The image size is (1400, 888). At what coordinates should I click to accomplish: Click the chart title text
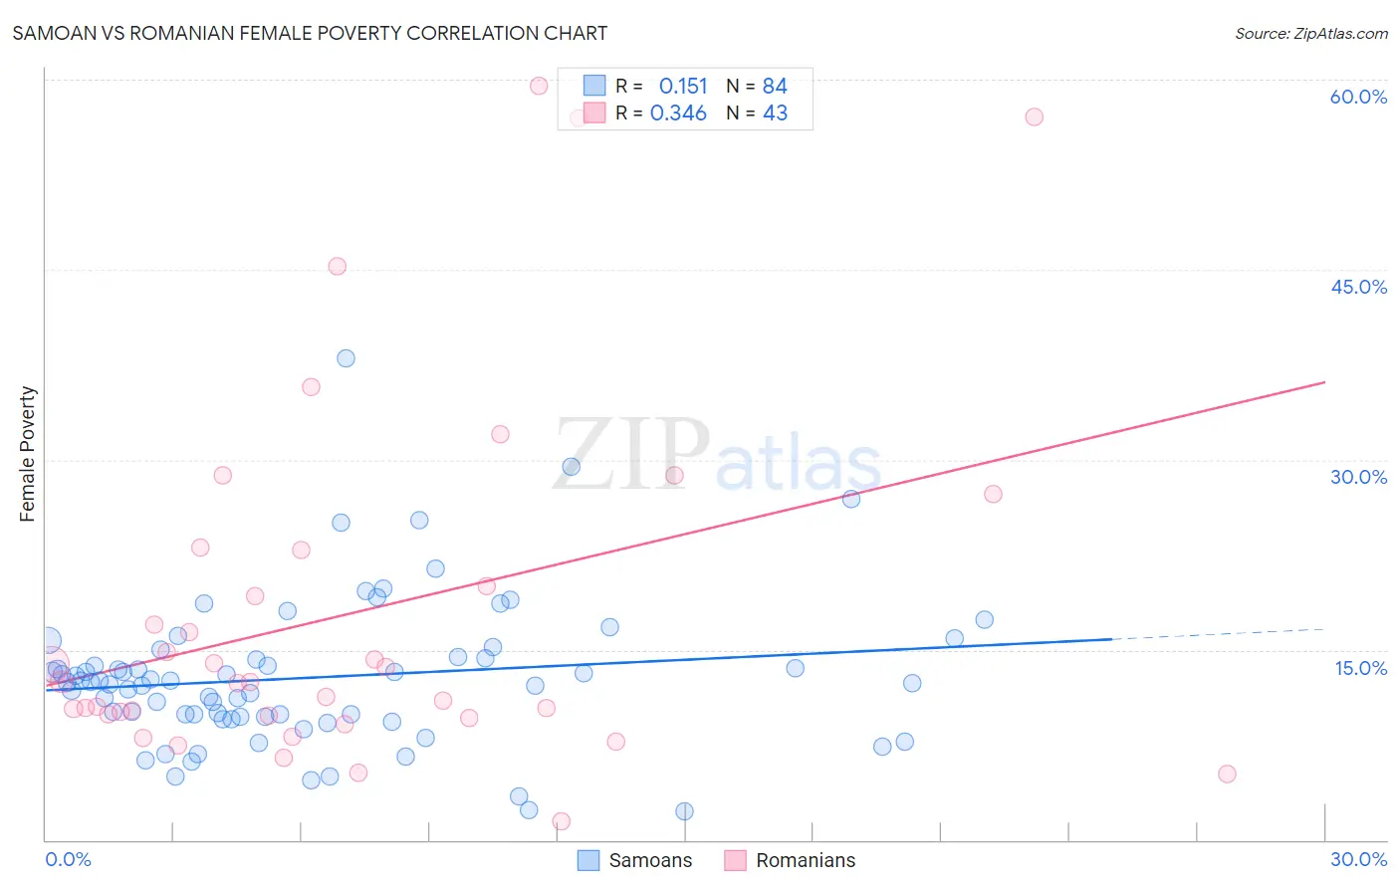310,33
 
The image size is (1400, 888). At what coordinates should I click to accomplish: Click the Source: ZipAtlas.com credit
1310,33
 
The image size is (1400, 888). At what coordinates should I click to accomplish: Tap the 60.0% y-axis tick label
1358,97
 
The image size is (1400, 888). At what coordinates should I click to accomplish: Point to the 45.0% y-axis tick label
1358,287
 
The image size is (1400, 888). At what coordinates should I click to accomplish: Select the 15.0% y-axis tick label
1360,668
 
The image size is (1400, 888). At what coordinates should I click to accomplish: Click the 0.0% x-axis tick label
68,859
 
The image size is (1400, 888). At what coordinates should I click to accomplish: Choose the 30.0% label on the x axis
1358,859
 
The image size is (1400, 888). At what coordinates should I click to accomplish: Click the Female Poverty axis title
28,454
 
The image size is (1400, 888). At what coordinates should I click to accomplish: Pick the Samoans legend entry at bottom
635,860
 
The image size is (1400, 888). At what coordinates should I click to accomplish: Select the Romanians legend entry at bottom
790,860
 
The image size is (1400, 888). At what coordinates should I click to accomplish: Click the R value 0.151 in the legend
683,87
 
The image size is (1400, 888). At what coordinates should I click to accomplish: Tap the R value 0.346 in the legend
678,113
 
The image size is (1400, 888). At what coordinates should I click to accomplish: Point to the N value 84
775,87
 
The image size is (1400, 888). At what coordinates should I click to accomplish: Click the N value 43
775,113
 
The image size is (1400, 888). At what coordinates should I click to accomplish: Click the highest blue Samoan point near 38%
346,358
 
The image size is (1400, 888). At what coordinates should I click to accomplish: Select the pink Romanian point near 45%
337,266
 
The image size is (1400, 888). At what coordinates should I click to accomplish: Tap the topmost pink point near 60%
539,86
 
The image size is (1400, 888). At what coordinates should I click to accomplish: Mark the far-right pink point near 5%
1227,774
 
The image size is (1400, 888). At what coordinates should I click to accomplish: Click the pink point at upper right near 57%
1034,116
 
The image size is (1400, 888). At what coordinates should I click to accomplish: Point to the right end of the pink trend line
1324,382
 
